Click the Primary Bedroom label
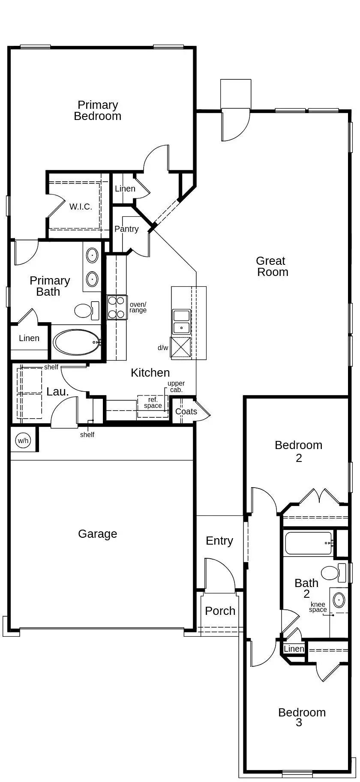pyautogui.click(x=97, y=111)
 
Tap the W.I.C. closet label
pyautogui.click(x=81, y=207)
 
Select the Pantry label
pyautogui.click(x=126, y=229)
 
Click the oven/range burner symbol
pyautogui.click(x=117, y=307)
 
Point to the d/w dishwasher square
pyautogui.click(x=181, y=347)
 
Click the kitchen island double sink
pyautogui.click(x=181, y=322)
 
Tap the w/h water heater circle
pyautogui.click(x=23, y=440)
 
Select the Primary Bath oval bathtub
pyautogui.click(x=76, y=342)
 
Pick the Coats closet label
pyautogui.click(x=186, y=411)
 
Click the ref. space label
pyautogui.click(x=153, y=403)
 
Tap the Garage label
pyautogui.click(x=97, y=534)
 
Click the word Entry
pyautogui.click(x=219, y=541)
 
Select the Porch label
pyautogui.click(x=220, y=611)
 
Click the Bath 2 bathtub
pyautogui.click(x=309, y=543)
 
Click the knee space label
pyautogui.click(x=318, y=607)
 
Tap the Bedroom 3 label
pyautogui.click(x=302, y=717)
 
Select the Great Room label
pyautogui.click(x=272, y=267)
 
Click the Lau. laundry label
pyautogui.click(x=57, y=391)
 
